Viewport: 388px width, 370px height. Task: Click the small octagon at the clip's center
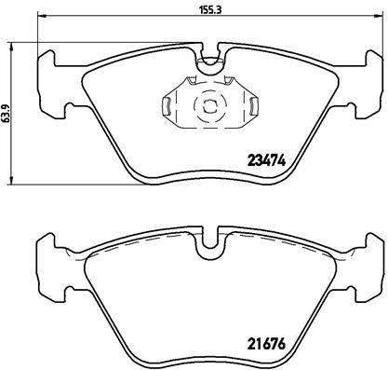pyautogui.click(x=209, y=104)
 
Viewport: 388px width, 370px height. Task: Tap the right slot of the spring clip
pyautogui.click(x=253, y=105)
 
